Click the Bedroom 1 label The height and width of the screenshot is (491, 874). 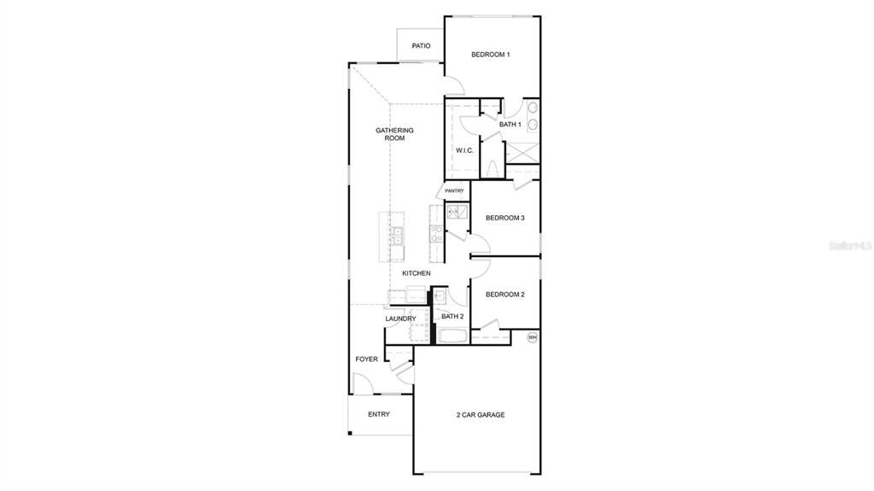[x=491, y=55]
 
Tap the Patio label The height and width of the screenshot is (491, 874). [x=421, y=46]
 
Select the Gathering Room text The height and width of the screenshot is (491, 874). [x=394, y=134]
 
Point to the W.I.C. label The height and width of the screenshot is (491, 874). [x=464, y=150]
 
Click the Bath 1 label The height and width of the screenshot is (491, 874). [x=510, y=125]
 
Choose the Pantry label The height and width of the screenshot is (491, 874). [x=454, y=190]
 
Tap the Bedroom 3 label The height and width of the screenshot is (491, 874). [x=504, y=218]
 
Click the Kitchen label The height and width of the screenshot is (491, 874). [x=417, y=273]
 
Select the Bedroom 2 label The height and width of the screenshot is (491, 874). [x=504, y=295]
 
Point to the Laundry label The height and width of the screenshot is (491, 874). [x=400, y=319]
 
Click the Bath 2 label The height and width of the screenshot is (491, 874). [x=452, y=317]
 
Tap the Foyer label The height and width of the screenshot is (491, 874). [x=367, y=359]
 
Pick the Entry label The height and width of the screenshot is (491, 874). [x=379, y=415]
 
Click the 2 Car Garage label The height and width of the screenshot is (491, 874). [x=480, y=415]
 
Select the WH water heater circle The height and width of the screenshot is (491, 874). [x=533, y=337]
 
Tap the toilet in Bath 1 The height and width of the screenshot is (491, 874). [x=492, y=167]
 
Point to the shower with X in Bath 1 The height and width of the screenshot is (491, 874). [x=522, y=152]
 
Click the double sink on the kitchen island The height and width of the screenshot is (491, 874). [x=397, y=236]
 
